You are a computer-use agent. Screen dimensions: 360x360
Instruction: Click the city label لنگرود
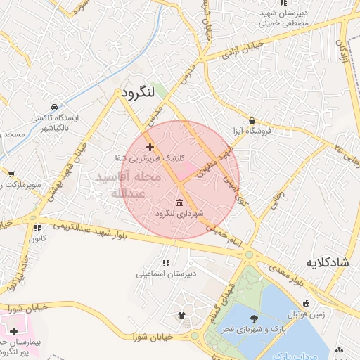tap(137, 94)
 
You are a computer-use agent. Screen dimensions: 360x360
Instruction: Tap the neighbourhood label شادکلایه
tap(328, 262)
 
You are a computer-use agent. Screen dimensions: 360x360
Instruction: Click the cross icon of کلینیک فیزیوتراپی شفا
tap(150, 147)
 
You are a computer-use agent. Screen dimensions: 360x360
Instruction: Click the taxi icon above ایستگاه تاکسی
tap(54, 106)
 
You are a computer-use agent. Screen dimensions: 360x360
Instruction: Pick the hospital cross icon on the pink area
tap(13, 330)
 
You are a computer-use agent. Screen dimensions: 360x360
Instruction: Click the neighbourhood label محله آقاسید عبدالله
tap(133, 185)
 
